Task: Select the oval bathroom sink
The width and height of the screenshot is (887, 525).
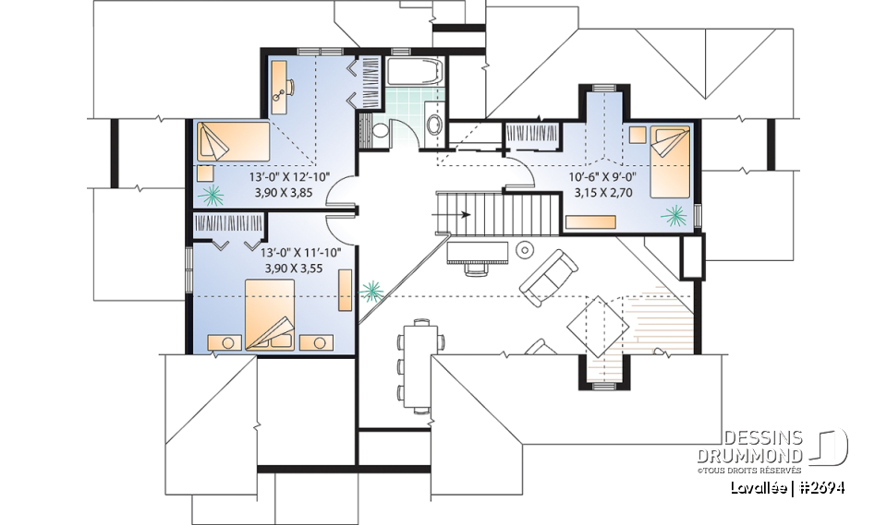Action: tap(432, 125)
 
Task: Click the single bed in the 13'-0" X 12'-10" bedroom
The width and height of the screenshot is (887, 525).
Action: tap(232, 142)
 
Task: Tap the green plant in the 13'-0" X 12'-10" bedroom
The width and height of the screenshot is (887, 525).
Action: tap(213, 194)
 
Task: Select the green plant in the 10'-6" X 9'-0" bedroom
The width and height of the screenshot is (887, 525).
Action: tap(674, 216)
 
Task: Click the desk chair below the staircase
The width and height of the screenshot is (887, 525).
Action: tap(476, 268)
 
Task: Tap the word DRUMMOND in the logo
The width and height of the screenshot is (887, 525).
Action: tap(763, 456)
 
